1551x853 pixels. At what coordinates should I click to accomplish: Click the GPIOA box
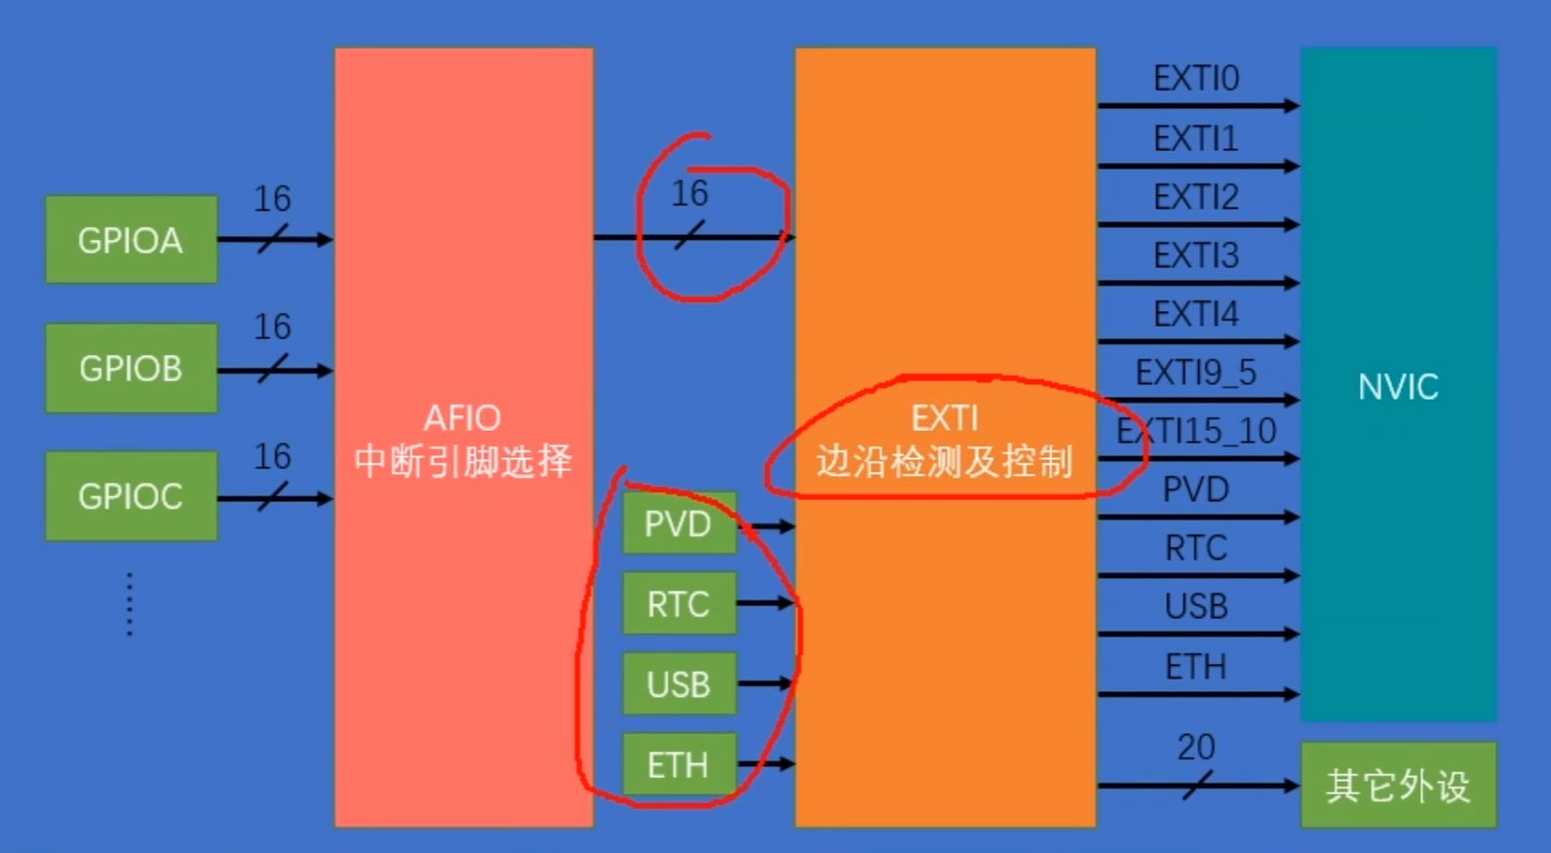[131, 240]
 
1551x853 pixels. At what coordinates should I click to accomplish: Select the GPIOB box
[131, 368]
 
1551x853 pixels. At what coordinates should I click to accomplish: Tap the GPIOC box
[131, 496]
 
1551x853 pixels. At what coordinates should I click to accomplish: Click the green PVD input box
[679, 524]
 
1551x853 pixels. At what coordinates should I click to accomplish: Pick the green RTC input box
[679, 604]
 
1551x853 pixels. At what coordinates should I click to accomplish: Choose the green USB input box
[679, 684]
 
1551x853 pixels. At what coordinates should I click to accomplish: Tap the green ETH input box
[679, 765]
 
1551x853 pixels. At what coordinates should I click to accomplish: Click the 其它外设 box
[1398, 785]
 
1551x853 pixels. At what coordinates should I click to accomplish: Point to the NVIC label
[1398, 387]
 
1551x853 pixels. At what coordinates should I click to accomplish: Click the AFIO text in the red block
[462, 418]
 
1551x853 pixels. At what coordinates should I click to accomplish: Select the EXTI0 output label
[1196, 79]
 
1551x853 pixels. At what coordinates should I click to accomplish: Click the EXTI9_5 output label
[1196, 372]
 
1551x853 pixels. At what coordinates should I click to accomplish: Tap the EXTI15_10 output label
[1196, 431]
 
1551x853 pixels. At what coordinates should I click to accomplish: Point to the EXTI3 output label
[1196, 255]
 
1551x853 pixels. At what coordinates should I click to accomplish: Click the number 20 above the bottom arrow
[1196, 748]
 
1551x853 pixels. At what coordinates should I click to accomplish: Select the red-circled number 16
[689, 194]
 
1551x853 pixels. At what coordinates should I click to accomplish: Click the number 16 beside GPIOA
[272, 199]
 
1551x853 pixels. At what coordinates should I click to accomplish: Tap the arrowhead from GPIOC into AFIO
[325, 499]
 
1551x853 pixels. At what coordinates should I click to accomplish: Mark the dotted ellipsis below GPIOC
[130, 604]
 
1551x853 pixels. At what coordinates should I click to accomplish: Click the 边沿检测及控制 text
[944, 461]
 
